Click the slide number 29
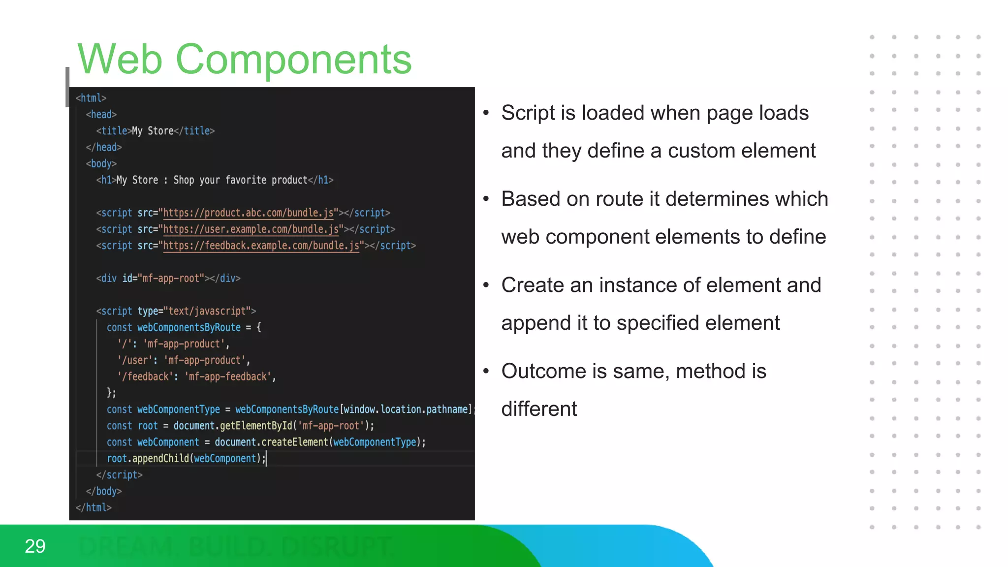pyautogui.click(x=35, y=546)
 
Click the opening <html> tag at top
pyautogui.click(x=91, y=98)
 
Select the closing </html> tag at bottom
pyautogui.click(x=94, y=507)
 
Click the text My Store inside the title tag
pyautogui.click(x=153, y=131)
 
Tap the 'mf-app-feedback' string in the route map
pyautogui.click(x=229, y=377)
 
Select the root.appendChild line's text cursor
pyautogui.click(x=266, y=459)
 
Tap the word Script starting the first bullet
pyautogui.click(x=528, y=113)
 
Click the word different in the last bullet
pyautogui.click(x=539, y=409)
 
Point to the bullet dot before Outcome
pyautogui.click(x=486, y=371)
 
